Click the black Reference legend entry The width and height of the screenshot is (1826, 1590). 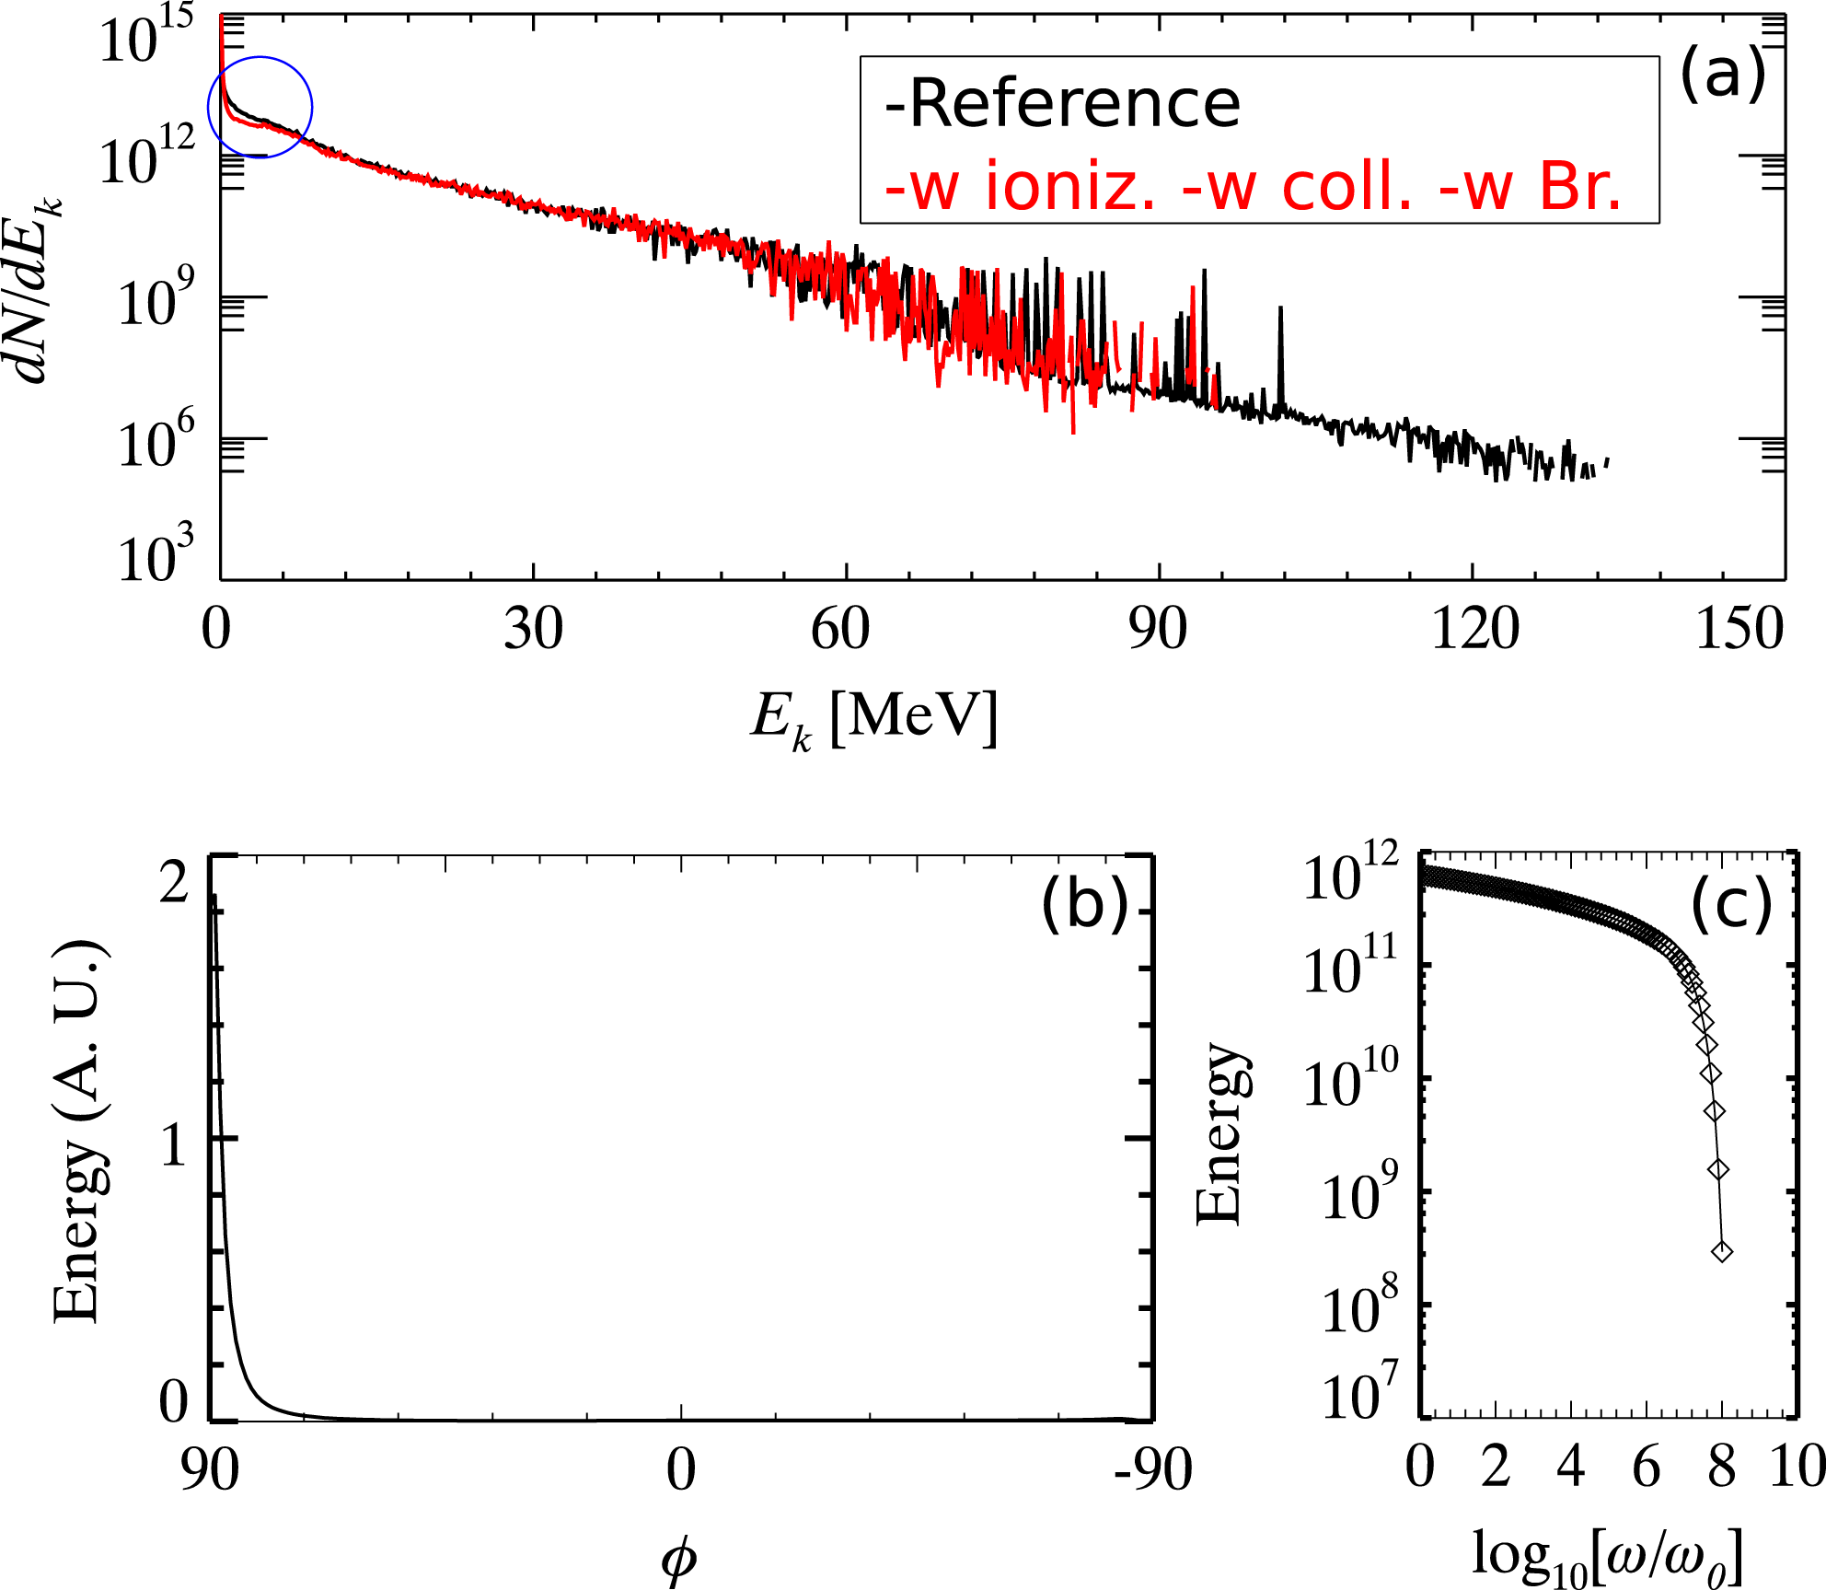[x=1062, y=103]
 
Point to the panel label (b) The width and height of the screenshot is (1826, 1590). [x=1084, y=904]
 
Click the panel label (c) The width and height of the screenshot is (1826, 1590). [x=1731, y=906]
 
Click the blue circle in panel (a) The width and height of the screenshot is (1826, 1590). [x=260, y=107]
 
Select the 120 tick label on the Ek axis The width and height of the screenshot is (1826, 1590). [x=1474, y=631]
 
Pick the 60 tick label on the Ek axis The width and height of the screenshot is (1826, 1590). [x=840, y=631]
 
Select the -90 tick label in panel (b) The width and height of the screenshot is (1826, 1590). [x=1152, y=1469]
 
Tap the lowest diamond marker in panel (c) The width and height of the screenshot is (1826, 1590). [x=1722, y=1251]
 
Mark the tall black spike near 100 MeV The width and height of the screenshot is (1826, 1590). [x=1279, y=313]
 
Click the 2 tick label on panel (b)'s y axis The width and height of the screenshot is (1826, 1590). [x=174, y=884]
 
